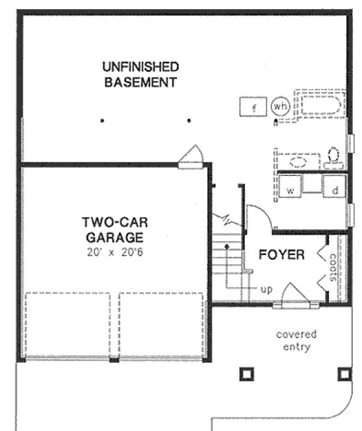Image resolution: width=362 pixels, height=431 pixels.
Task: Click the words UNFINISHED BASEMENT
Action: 140,74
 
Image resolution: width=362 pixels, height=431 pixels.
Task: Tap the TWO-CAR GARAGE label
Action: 112,230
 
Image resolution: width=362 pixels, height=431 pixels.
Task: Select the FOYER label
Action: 281,254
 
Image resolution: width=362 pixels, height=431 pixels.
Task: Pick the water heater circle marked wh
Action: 280,106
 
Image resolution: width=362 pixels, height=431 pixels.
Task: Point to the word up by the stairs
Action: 266,288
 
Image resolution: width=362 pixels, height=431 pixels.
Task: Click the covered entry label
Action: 296,340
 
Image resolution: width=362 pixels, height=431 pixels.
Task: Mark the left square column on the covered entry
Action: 246,374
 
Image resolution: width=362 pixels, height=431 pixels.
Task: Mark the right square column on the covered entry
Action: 344,374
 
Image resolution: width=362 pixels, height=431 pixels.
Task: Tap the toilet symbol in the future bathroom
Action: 335,156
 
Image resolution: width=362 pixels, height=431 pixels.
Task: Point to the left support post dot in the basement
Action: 102,121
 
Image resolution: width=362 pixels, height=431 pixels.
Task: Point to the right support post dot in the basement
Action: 188,121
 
